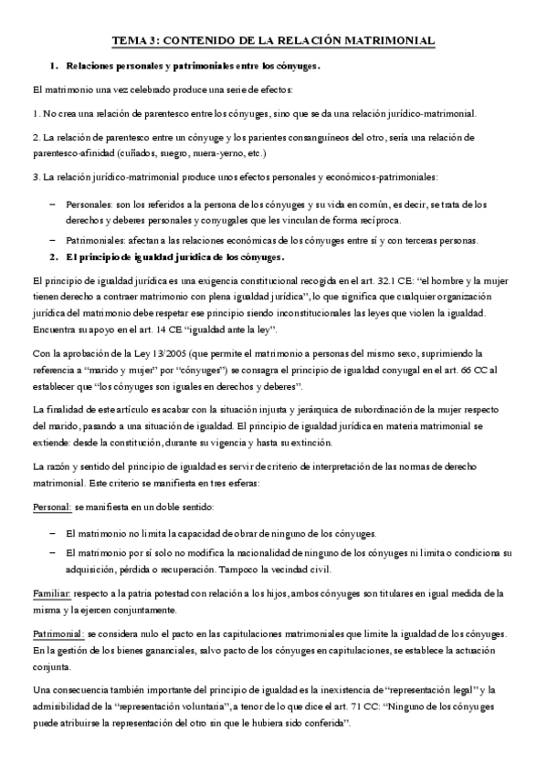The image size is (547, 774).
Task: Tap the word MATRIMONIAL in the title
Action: (x=389, y=41)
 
